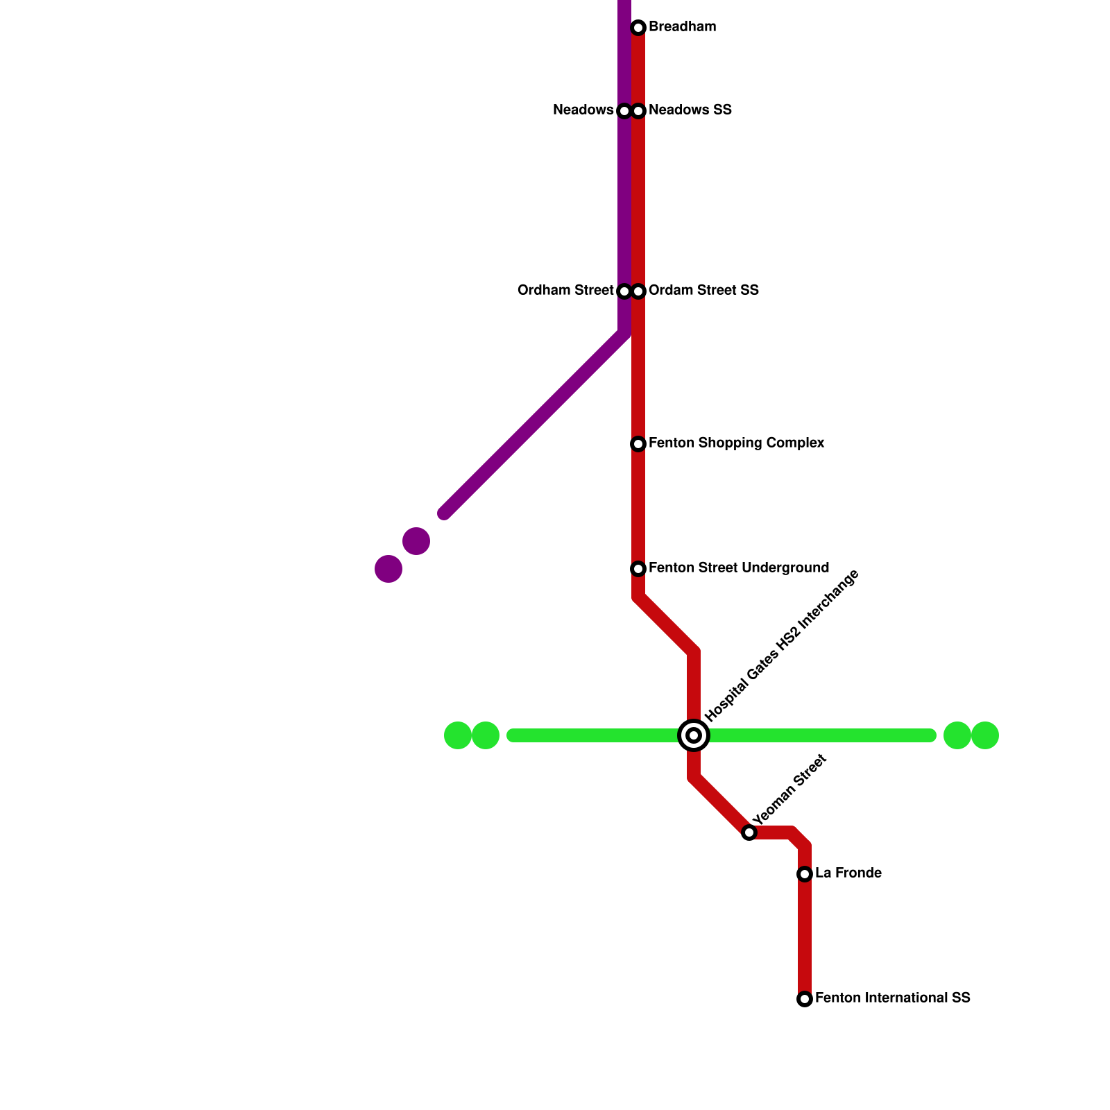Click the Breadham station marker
[x=638, y=28]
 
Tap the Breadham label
[x=682, y=27]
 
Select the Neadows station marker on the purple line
[x=624, y=111]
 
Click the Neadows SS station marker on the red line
[x=638, y=111]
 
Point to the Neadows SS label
[x=690, y=110]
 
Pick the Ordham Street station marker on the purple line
[x=624, y=291]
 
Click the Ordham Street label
[x=565, y=291]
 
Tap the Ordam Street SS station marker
[x=638, y=291]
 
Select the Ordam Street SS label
[x=703, y=291]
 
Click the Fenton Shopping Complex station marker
[x=638, y=444]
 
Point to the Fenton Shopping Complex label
[x=736, y=443]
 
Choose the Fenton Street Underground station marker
[x=638, y=569]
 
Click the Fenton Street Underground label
[x=738, y=568]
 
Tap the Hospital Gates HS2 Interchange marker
[x=693, y=735]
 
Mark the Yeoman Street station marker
[x=749, y=832]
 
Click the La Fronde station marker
[x=805, y=874]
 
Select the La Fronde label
[x=848, y=873]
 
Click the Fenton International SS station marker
[x=805, y=999]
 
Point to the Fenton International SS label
[x=892, y=998]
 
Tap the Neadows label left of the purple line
[x=583, y=110]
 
